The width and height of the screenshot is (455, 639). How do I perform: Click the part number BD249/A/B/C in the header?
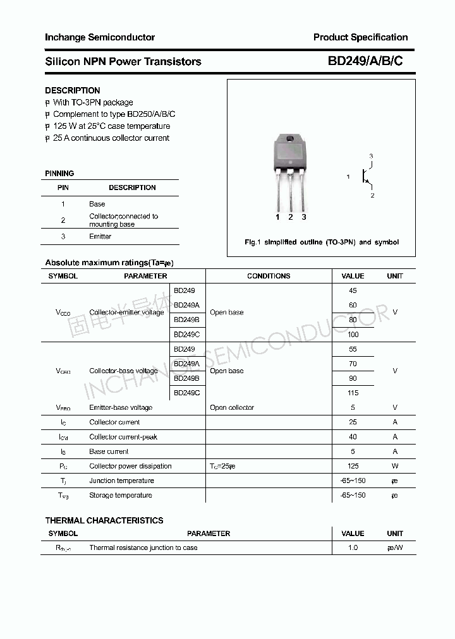[x=365, y=61]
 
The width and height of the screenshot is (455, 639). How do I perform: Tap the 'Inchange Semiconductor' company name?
[x=100, y=37]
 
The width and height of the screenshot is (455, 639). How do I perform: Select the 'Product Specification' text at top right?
[x=360, y=37]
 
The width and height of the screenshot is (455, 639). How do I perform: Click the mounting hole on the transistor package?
[x=291, y=140]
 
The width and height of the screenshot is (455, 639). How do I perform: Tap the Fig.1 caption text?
[x=322, y=242]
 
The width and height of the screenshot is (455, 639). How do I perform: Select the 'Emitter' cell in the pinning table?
[x=100, y=236]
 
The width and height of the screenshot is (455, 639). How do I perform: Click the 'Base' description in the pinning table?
[x=97, y=204]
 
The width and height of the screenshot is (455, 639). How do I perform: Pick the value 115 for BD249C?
[x=353, y=393]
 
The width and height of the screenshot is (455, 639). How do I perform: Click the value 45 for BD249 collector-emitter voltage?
[x=353, y=290]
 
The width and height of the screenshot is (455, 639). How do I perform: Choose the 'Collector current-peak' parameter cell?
[x=123, y=437]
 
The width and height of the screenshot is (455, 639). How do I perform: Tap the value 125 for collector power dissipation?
[x=353, y=466]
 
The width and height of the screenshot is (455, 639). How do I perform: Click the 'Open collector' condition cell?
[x=232, y=408]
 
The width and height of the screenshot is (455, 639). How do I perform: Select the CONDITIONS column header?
[x=269, y=276]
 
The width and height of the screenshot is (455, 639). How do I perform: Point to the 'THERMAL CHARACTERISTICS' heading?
[x=104, y=520]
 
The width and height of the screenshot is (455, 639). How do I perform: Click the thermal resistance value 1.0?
[x=353, y=547]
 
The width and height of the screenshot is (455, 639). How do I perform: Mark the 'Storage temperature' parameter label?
[x=121, y=495]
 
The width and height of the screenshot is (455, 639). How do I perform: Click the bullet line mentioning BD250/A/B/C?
[x=114, y=114]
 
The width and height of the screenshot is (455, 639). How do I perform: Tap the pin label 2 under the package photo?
[x=290, y=217]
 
